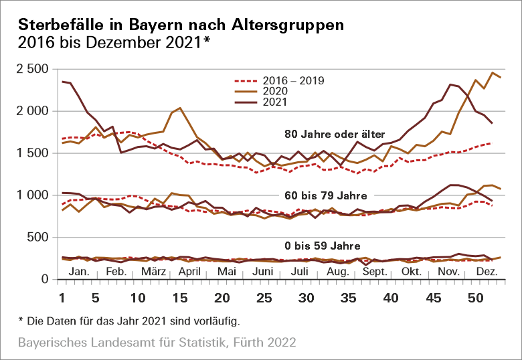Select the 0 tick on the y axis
(45, 279)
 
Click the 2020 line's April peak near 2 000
(181, 108)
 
